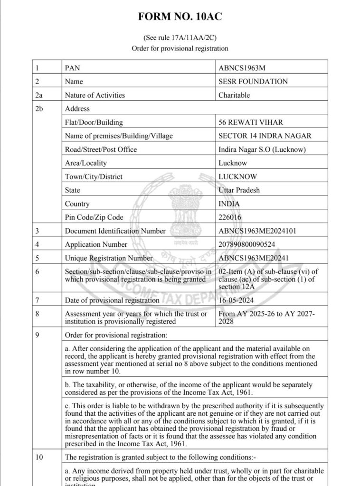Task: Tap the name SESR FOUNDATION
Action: pos(253,81)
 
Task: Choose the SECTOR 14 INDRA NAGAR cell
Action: pos(265,136)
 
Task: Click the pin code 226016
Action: pos(230,217)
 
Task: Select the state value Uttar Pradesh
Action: pos(239,190)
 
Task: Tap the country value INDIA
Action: pos(229,204)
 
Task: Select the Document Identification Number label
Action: pos(115,231)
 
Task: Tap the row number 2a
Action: pos(39,95)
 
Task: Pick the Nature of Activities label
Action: pos(95,95)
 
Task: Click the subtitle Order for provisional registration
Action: pos(180,48)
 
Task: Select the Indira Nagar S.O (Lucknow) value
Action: pos(262,150)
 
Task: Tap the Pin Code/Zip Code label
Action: pos(94,217)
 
